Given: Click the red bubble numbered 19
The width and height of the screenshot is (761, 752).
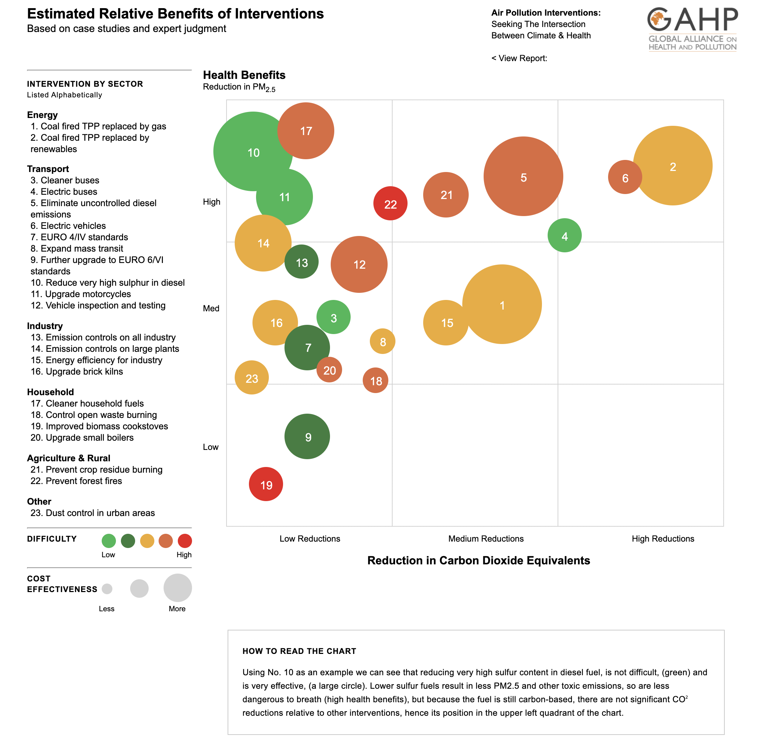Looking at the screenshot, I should (266, 484).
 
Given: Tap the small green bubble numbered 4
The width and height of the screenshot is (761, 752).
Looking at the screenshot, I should (564, 235).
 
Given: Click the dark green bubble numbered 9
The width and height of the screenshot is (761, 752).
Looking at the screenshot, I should (307, 436).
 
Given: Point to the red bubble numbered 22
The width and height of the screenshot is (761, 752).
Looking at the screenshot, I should (390, 204).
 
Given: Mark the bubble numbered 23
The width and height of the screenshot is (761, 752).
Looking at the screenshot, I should (252, 377).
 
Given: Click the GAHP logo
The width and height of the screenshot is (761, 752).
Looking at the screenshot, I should (692, 29).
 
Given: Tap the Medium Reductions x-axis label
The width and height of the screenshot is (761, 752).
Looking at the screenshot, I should (486, 539).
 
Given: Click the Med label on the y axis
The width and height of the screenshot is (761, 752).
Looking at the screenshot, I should (211, 308).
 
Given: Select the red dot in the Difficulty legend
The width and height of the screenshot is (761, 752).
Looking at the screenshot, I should (185, 541).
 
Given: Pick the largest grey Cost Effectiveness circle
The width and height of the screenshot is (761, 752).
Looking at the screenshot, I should (178, 587).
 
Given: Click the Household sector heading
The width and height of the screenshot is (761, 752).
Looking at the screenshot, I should (50, 392).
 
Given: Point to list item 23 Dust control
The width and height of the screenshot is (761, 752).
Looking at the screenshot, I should (92, 513).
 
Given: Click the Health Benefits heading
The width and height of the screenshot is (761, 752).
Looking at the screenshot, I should (244, 75).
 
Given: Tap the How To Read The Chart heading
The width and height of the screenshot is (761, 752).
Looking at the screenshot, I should (299, 651).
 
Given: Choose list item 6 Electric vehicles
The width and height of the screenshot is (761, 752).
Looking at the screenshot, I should (68, 226).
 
